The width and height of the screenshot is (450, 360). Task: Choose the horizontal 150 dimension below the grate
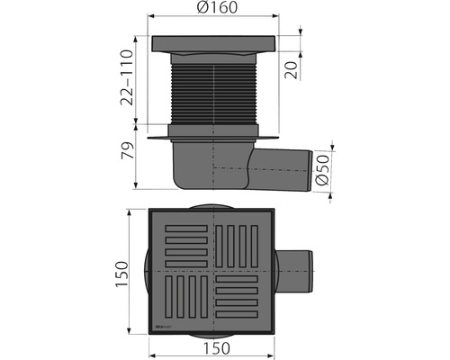click(x=213, y=346)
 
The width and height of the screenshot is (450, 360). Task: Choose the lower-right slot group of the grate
click(x=243, y=300)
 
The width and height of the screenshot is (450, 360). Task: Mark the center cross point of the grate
click(x=213, y=271)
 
